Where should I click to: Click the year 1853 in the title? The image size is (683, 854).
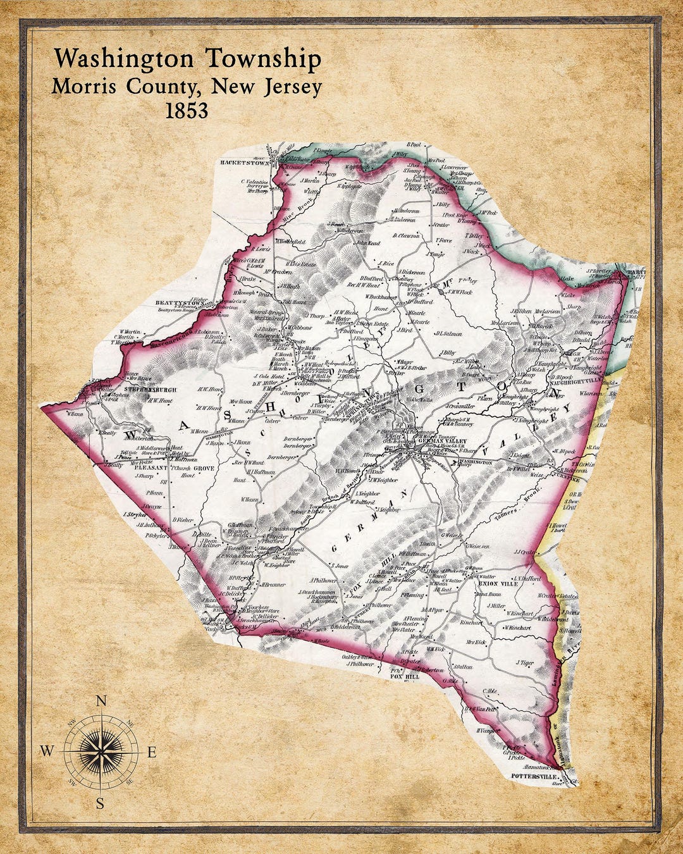click(186, 110)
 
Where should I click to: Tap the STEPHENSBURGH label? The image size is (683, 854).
click(150, 390)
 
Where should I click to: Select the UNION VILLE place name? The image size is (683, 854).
click(499, 583)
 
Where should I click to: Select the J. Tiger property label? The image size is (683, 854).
click(525, 662)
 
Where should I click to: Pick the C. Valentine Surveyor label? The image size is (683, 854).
click(255, 184)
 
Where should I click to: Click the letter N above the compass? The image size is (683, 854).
click(101, 700)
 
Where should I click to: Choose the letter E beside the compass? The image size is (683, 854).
click(152, 752)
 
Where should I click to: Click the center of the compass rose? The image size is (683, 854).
click(101, 752)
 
